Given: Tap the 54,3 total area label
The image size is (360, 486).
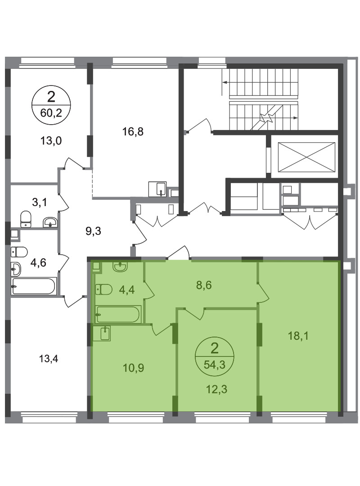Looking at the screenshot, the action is (x=214, y=364).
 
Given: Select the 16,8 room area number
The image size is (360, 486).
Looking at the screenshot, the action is (x=133, y=132).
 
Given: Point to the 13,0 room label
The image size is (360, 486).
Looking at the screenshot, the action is (x=51, y=141).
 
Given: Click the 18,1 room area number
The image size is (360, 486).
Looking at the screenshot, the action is (x=298, y=336).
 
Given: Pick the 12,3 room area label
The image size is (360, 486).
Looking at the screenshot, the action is (x=217, y=389).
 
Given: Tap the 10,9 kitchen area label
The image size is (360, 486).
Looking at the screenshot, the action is (x=133, y=368).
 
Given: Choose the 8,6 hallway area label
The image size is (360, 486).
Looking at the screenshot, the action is (x=204, y=285).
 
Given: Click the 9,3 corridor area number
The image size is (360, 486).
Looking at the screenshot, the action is (x=93, y=231).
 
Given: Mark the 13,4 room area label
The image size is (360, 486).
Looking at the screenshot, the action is (x=49, y=359).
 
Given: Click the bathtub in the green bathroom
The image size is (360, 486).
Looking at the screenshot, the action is (x=118, y=314).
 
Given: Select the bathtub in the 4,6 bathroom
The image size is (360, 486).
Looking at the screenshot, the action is (x=34, y=286).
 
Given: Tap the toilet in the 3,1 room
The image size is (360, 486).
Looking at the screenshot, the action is (x=26, y=219).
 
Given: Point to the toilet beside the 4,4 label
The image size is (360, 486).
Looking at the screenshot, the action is (x=103, y=289).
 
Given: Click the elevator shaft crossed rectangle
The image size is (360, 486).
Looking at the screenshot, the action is (x=306, y=157).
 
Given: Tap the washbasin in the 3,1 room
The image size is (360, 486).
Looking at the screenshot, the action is (x=50, y=222).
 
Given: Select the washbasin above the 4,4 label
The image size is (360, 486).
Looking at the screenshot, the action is (x=120, y=266).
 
